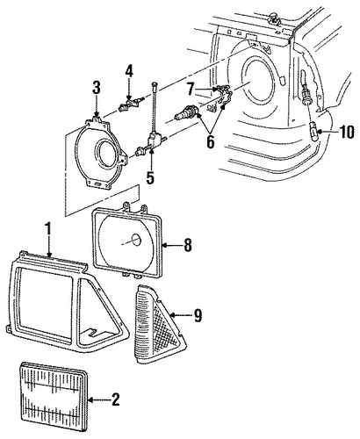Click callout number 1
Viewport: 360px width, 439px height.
(48, 229)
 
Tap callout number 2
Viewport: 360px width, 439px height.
(116, 399)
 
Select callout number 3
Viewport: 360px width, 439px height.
(97, 88)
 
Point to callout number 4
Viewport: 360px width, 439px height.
(129, 71)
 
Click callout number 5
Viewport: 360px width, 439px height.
(150, 176)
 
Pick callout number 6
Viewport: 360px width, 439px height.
(211, 141)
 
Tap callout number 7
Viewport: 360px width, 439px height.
(191, 89)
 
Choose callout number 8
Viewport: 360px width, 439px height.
(188, 245)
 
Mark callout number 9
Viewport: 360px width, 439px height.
(198, 315)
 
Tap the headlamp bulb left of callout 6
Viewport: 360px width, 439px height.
(187, 113)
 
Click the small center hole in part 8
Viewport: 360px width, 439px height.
(135, 241)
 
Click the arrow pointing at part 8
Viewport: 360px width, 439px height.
(172, 245)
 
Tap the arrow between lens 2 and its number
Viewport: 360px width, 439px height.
(98, 399)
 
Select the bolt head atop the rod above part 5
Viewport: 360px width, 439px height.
(155, 85)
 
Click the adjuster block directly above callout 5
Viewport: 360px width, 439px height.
(154, 139)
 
